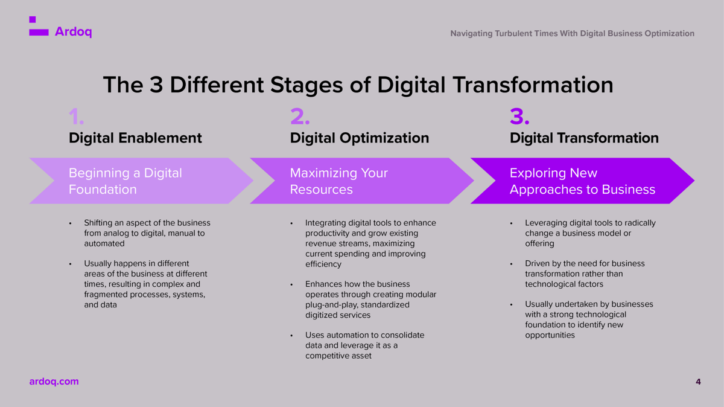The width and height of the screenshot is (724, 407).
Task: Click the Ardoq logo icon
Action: [x=38, y=28]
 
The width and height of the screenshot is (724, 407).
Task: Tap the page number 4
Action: [x=698, y=382]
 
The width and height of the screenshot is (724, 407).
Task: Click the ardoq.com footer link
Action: [x=54, y=382]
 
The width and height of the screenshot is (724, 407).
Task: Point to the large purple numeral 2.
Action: [x=299, y=116]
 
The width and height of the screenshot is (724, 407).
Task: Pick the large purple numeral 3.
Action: [x=519, y=116]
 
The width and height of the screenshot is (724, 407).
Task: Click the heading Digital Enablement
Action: [x=135, y=138]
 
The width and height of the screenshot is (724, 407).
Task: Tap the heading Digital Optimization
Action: [x=359, y=138]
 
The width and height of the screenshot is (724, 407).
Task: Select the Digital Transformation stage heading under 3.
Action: [x=583, y=138]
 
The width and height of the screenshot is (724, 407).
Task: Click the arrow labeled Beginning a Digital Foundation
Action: [x=139, y=181]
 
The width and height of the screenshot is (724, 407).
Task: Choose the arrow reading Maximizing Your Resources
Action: [x=360, y=181]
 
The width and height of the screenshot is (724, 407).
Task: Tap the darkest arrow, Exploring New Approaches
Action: [x=582, y=181]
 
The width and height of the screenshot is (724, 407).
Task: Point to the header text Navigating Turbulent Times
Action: [x=571, y=33]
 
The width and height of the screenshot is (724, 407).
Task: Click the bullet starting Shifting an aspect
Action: [x=147, y=233]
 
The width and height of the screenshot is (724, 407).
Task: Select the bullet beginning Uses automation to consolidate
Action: [x=364, y=345]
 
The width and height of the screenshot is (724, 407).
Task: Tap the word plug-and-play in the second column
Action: [x=331, y=304]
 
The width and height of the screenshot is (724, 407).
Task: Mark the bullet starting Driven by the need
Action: [x=584, y=274]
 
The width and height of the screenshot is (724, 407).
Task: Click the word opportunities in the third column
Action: [x=550, y=335]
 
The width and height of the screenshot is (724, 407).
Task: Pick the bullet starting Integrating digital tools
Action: [x=370, y=243]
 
